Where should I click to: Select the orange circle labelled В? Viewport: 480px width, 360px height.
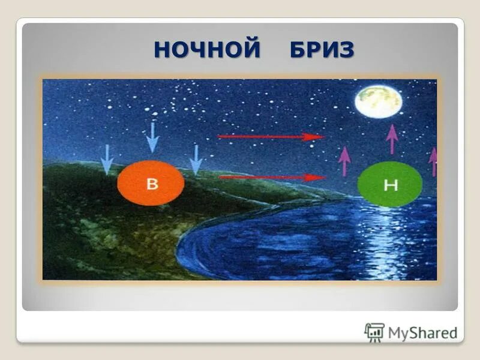pyautogui.click(x=151, y=183)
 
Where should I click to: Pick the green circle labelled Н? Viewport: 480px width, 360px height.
pyautogui.click(x=389, y=184)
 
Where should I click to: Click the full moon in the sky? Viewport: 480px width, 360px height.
pyautogui.click(x=377, y=101)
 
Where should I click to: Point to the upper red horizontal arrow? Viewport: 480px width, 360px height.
pyautogui.click(x=270, y=137)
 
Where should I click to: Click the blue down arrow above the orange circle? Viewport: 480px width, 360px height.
pyautogui.click(x=152, y=137)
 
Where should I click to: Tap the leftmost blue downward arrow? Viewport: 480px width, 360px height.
pyautogui.click(x=106, y=159)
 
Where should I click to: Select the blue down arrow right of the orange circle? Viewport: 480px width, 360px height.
pyautogui.click(x=196, y=160)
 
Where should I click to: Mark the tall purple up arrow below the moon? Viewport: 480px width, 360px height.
pyautogui.click(x=392, y=139)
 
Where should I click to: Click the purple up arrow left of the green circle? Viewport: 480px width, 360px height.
pyautogui.click(x=344, y=161)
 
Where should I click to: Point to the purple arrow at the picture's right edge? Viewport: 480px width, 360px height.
pyautogui.click(x=433, y=161)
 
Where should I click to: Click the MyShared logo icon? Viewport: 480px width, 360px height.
pyautogui.click(x=374, y=332)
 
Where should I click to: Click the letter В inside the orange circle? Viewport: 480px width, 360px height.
pyautogui.click(x=152, y=184)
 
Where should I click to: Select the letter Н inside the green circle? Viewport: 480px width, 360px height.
pyautogui.click(x=391, y=185)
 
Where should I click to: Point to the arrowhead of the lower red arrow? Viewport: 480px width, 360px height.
pyautogui.click(x=316, y=177)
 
